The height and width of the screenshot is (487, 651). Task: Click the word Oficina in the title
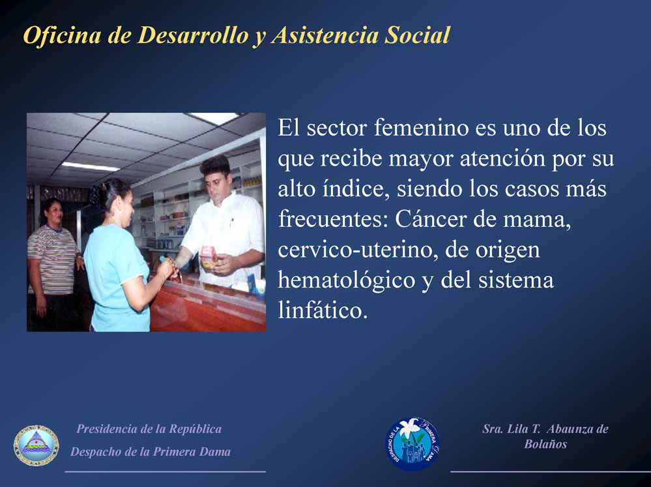tap(62, 35)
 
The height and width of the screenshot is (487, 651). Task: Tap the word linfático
tap(323, 310)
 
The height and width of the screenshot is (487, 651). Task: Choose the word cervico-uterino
tap(358, 250)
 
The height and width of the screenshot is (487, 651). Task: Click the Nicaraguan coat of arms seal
tap(36, 445)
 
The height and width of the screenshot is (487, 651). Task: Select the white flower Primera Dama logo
tap(412, 444)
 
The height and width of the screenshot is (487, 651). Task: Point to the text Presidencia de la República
tap(149, 429)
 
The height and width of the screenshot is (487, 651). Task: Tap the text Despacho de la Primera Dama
tap(151, 452)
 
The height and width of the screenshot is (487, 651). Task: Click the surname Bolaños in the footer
tap(545, 444)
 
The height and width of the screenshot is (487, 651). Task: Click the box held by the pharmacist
tap(209, 258)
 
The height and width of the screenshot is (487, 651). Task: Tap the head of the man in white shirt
tap(216, 173)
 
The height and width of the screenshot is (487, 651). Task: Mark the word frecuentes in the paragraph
tap(333, 220)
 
